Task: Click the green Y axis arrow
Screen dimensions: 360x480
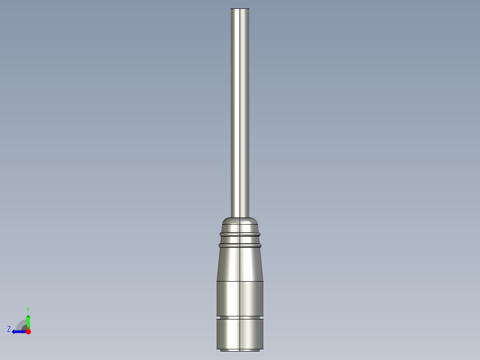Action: tap(28, 322)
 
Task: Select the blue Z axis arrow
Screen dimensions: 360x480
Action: tap(19, 331)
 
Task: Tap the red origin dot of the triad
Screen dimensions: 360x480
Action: tap(28, 331)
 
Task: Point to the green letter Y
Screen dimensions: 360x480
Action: tap(28, 309)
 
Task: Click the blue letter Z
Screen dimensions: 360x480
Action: tap(9, 329)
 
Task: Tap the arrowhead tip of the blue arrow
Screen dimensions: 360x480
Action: tap(13, 331)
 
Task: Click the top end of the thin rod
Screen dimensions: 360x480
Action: tap(240, 9)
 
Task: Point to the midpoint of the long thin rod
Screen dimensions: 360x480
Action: tap(240, 111)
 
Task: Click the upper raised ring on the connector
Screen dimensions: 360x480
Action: tap(240, 233)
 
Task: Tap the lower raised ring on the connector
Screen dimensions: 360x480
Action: tap(240, 245)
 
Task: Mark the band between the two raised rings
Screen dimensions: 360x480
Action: tap(240, 239)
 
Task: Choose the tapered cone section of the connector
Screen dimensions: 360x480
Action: tap(240, 264)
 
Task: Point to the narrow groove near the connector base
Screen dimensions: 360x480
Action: tap(240, 317)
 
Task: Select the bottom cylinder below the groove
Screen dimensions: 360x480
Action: tap(240, 333)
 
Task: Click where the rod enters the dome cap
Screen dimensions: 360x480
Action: tap(240, 217)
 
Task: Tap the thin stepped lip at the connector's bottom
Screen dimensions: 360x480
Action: tap(240, 350)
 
